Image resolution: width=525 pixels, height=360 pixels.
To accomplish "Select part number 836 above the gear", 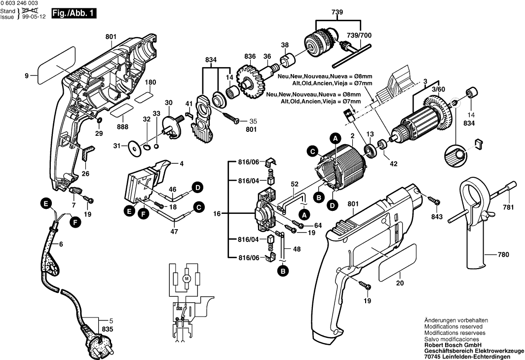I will coord(250,56).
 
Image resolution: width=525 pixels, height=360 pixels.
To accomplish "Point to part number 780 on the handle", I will coord(502,255).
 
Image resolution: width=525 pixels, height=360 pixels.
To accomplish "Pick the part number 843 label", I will coord(437,216).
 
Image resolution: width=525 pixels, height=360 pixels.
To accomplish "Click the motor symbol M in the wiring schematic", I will coord(187,279).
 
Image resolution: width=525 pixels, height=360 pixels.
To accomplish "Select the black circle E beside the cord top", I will coord(45,203).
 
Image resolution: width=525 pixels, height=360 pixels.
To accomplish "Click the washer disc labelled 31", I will coord(134,146).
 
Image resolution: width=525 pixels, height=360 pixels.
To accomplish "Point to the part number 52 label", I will coord(294,184).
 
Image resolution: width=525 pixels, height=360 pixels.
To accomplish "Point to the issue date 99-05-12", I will coord(35,17).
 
